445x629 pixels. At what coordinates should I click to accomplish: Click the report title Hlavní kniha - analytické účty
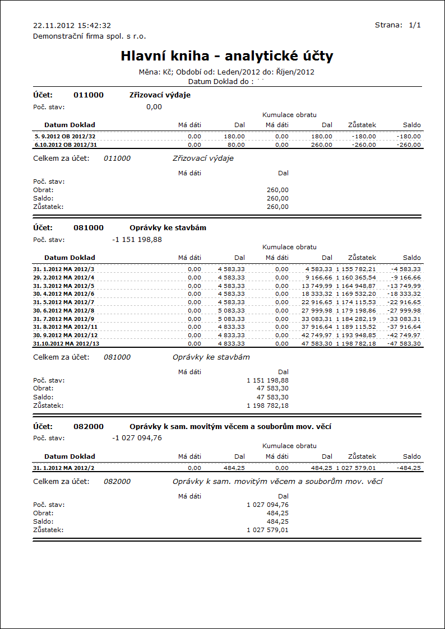(x=227, y=56)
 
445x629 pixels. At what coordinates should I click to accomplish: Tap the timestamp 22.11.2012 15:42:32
(x=72, y=26)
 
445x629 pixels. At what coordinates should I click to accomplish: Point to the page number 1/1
(x=415, y=25)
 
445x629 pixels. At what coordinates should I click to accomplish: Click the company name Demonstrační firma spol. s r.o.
(x=90, y=36)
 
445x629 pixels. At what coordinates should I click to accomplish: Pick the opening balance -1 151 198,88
(x=137, y=240)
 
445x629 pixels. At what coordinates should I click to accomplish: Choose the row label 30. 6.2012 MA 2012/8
(x=64, y=310)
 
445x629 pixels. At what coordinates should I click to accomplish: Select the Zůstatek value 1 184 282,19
(x=356, y=319)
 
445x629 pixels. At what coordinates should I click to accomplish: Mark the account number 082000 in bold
(x=89, y=426)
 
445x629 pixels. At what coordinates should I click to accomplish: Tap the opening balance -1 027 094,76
(x=137, y=438)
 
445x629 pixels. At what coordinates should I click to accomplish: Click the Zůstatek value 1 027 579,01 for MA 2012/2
(x=356, y=468)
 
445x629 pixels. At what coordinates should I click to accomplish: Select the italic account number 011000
(x=117, y=159)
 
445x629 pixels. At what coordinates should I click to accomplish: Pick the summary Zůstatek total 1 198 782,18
(x=268, y=405)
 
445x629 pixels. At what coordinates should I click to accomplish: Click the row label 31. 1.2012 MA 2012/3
(x=64, y=269)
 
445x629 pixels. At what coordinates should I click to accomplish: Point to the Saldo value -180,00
(x=409, y=136)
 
